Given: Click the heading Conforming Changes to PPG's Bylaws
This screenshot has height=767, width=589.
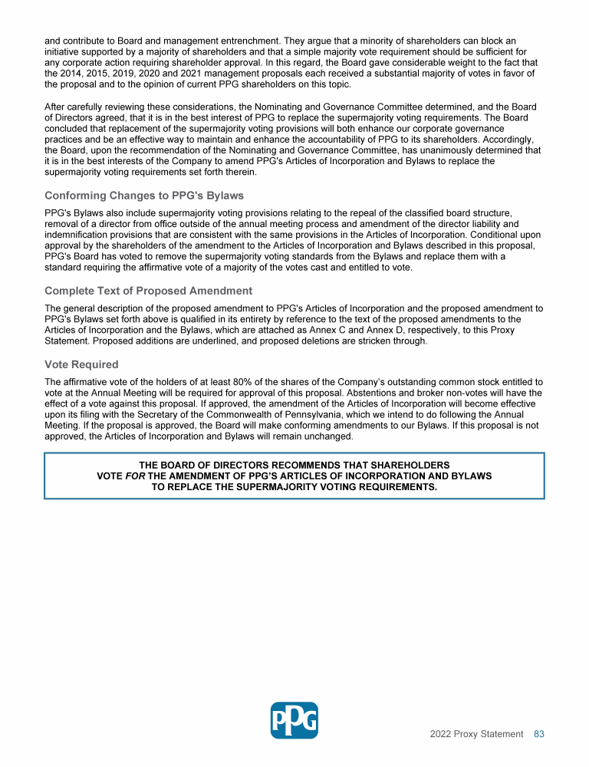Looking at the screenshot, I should pyautogui.click(x=144, y=196).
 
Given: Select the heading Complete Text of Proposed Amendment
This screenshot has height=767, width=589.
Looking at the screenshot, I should pyautogui.click(x=148, y=291).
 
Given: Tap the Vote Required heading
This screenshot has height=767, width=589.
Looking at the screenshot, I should pyautogui.click(x=81, y=364).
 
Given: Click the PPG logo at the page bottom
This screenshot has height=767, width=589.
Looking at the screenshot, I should pyautogui.click(x=294, y=720).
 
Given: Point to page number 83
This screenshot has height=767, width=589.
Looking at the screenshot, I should pyautogui.click(x=538, y=734).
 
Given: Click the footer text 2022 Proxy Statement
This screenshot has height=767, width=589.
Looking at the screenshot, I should pyautogui.click(x=476, y=734).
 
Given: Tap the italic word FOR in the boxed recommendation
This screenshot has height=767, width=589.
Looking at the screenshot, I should pyautogui.click(x=134, y=476).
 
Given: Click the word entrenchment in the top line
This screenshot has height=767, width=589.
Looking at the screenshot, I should pyautogui.click(x=245, y=39).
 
